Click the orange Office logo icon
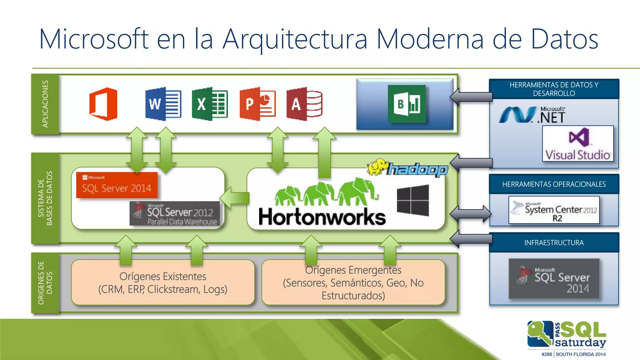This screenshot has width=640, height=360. coord(103,104)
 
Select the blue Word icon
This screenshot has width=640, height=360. coord(163,104)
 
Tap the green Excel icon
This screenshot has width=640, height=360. coord(210,104)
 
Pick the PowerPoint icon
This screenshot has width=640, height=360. coord(257,104)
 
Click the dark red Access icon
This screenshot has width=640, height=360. coord(304,104)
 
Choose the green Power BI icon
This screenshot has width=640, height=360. coord(407,104)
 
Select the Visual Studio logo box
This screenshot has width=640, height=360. coord(578,144)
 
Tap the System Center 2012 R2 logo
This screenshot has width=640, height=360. coord(554,210)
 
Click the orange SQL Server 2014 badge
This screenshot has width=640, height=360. coord(117,185)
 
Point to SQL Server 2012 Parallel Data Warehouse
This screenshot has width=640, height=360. coord(175,213)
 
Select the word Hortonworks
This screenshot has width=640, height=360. coord(322,217)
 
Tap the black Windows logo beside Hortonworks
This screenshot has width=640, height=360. coord(413,200)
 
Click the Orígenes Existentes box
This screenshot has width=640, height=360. coord(162,282)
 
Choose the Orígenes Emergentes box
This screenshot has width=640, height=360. coord(353,282)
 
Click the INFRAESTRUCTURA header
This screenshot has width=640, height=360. coord(554,243)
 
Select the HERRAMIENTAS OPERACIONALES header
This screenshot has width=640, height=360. coord(554,184)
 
